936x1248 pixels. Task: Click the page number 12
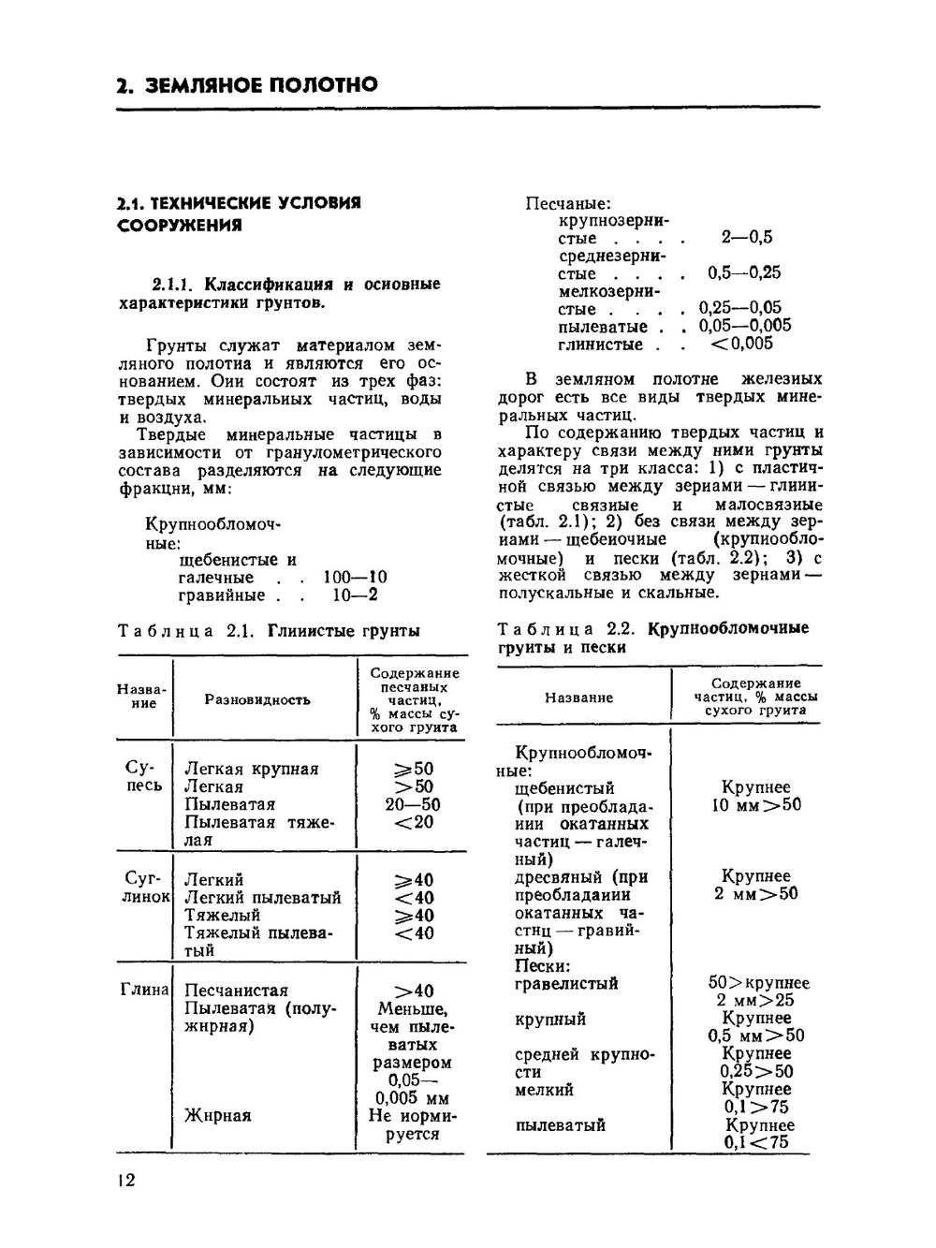[125, 1180]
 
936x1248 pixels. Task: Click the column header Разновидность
[257, 699]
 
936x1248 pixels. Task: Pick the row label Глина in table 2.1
[144, 990]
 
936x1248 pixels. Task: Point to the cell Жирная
[217, 1115]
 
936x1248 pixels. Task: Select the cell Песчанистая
[236, 991]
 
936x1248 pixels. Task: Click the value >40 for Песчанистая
[413, 991]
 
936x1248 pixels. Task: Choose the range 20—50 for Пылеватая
[412, 804]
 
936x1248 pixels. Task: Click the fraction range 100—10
[355, 578]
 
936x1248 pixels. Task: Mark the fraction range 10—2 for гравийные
[355, 595]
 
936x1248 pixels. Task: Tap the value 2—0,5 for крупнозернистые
[746, 238]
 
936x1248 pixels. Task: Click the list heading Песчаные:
[567, 203]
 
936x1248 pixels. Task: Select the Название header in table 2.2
[578, 697]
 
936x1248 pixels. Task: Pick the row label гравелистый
[566, 983]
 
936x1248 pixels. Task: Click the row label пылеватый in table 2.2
[560, 1125]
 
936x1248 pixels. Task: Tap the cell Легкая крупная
[251, 769]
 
